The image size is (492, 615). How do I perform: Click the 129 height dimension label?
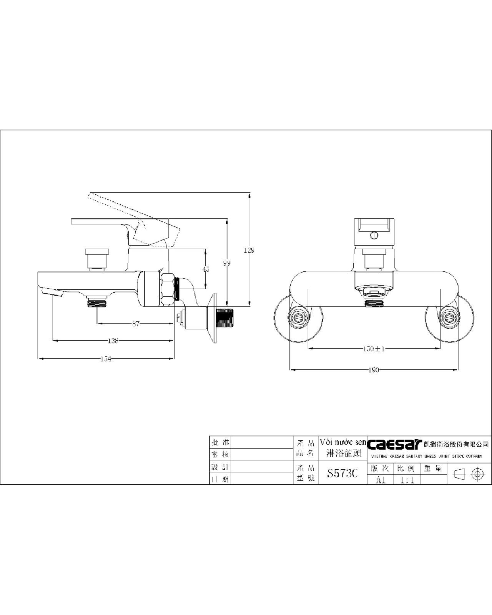point(249,250)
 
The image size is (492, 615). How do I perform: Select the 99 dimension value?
point(227,263)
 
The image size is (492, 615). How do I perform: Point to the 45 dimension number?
point(206,269)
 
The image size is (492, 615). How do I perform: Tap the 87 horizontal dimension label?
point(136,324)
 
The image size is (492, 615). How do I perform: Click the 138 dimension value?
point(113,341)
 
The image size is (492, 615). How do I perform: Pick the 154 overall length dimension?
point(106,359)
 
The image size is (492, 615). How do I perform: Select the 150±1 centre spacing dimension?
point(374,349)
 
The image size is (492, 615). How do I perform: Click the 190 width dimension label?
point(374,370)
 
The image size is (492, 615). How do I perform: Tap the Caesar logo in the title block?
point(394,444)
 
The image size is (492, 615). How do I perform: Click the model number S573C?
point(342,473)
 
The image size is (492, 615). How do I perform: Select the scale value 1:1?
point(407,480)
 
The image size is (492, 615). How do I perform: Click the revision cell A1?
point(381,480)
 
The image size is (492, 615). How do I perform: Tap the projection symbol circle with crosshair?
point(477,474)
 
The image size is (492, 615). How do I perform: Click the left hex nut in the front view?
point(298,318)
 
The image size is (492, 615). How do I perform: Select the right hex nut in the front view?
point(449,318)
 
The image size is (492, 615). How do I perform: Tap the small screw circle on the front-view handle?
point(374,235)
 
